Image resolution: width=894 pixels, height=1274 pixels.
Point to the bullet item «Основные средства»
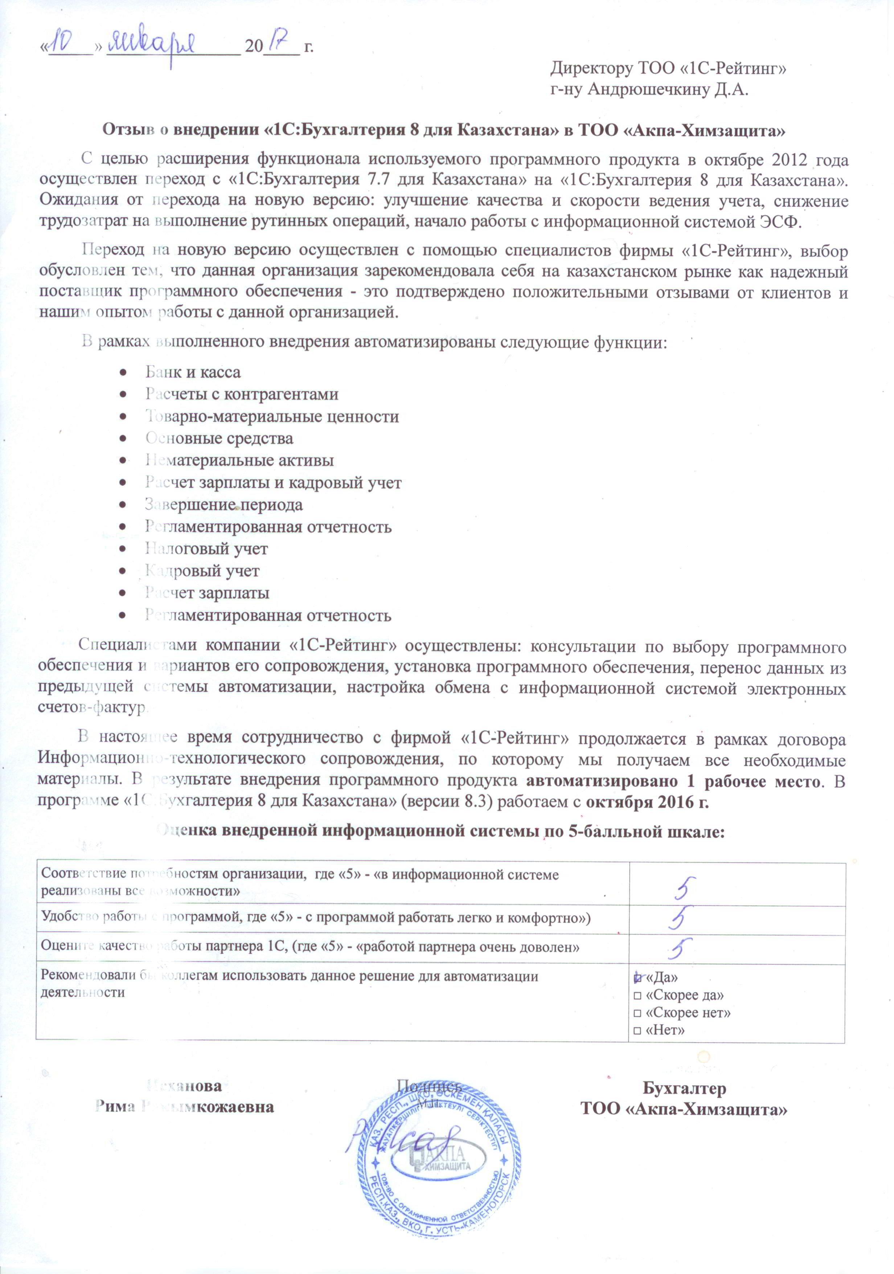tap(219, 438)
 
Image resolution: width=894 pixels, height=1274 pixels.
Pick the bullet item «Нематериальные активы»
tap(239, 461)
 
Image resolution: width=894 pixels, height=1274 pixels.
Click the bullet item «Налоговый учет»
tap(206, 549)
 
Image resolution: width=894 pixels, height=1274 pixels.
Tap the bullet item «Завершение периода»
tap(224, 505)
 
